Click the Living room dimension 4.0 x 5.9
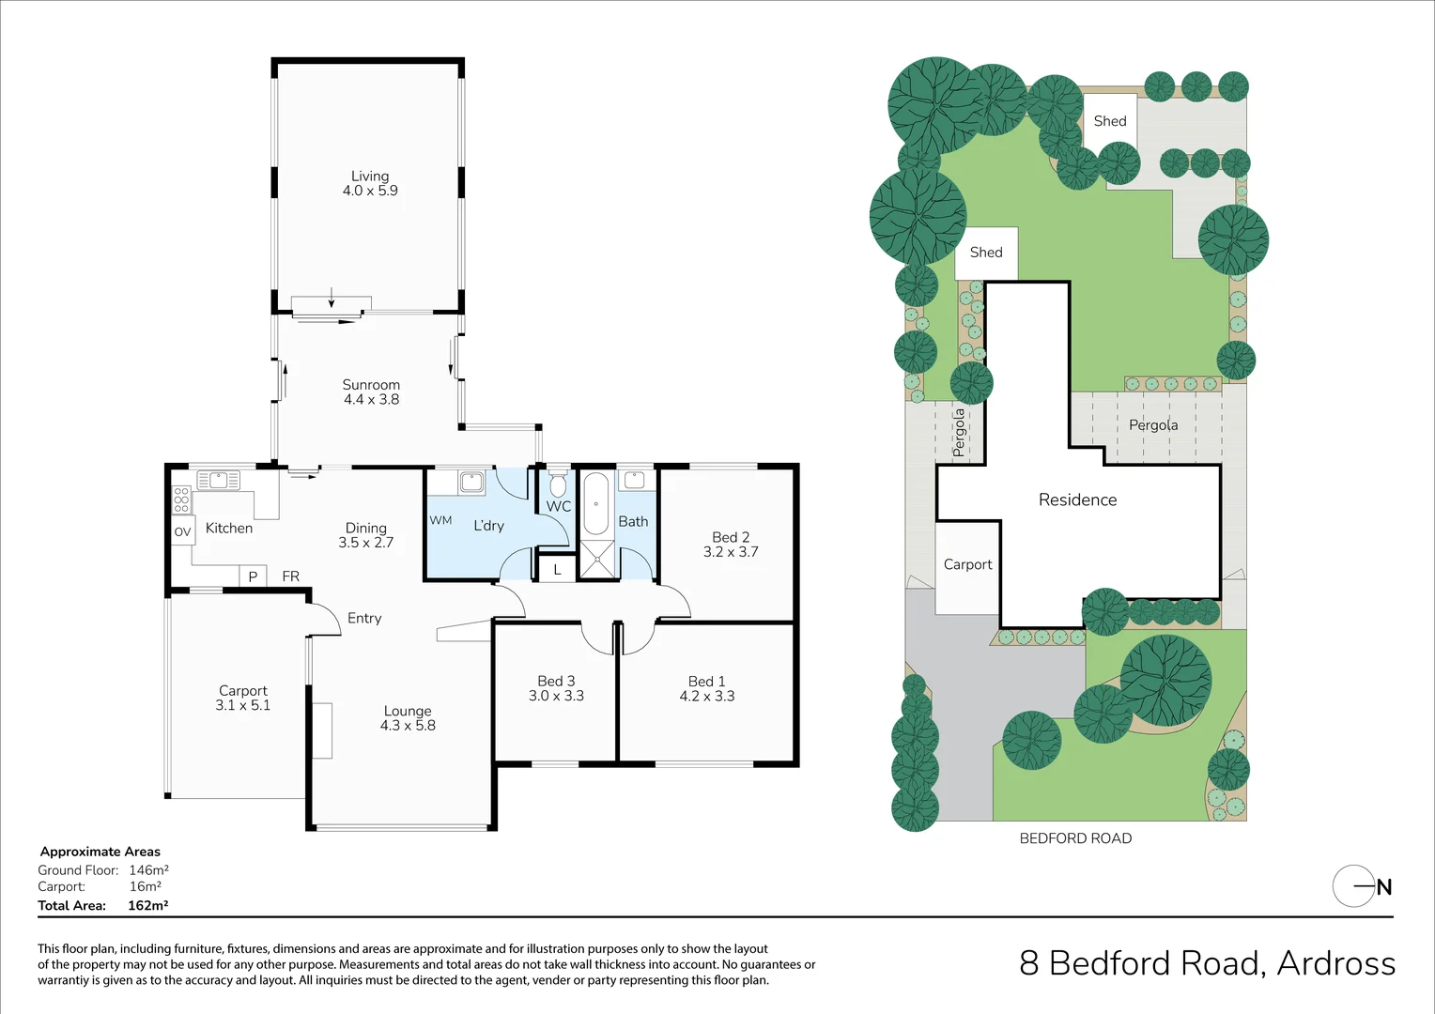pyautogui.click(x=370, y=191)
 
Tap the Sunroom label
pyautogui.click(x=371, y=385)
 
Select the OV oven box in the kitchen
pyautogui.click(x=182, y=531)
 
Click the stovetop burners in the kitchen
pyautogui.click(x=181, y=499)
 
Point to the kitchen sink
pyautogui.click(x=218, y=481)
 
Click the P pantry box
pyautogui.click(x=253, y=576)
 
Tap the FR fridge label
pyautogui.click(x=291, y=576)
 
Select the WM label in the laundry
pyautogui.click(x=440, y=520)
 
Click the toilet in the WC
pyautogui.click(x=558, y=484)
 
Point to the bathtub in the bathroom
pyautogui.click(x=596, y=504)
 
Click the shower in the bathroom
pyautogui.click(x=596, y=559)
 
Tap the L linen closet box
pyautogui.click(x=557, y=569)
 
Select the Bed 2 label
pyautogui.click(x=731, y=537)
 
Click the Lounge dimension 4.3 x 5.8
pyautogui.click(x=408, y=726)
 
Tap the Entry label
pyautogui.click(x=364, y=618)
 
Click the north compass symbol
pyautogui.click(x=1361, y=885)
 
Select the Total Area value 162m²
pyautogui.click(x=147, y=905)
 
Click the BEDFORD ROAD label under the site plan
pyautogui.click(x=1075, y=838)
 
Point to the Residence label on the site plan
pyautogui.click(x=1077, y=499)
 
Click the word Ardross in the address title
pyautogui.click(x=1335, y=963)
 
